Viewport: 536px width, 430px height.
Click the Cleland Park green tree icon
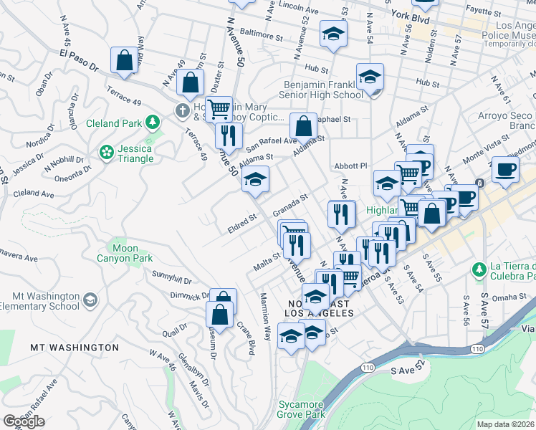tap(152, 123)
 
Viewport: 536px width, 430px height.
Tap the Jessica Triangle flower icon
tap(107, 152)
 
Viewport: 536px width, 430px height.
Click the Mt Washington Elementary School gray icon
tap(90, 298)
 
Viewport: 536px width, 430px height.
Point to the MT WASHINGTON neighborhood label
tap(75, 348)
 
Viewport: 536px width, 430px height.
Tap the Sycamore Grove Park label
tap(301, 409)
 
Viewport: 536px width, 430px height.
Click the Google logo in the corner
tap(24, 421)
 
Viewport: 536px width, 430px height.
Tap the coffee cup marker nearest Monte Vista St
tap(505, 170)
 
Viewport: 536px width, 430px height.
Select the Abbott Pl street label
tap(350, 166)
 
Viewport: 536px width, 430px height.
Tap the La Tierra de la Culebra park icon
tap(479, 269)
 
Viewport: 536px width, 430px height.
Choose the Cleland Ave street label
tap(34, 193)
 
